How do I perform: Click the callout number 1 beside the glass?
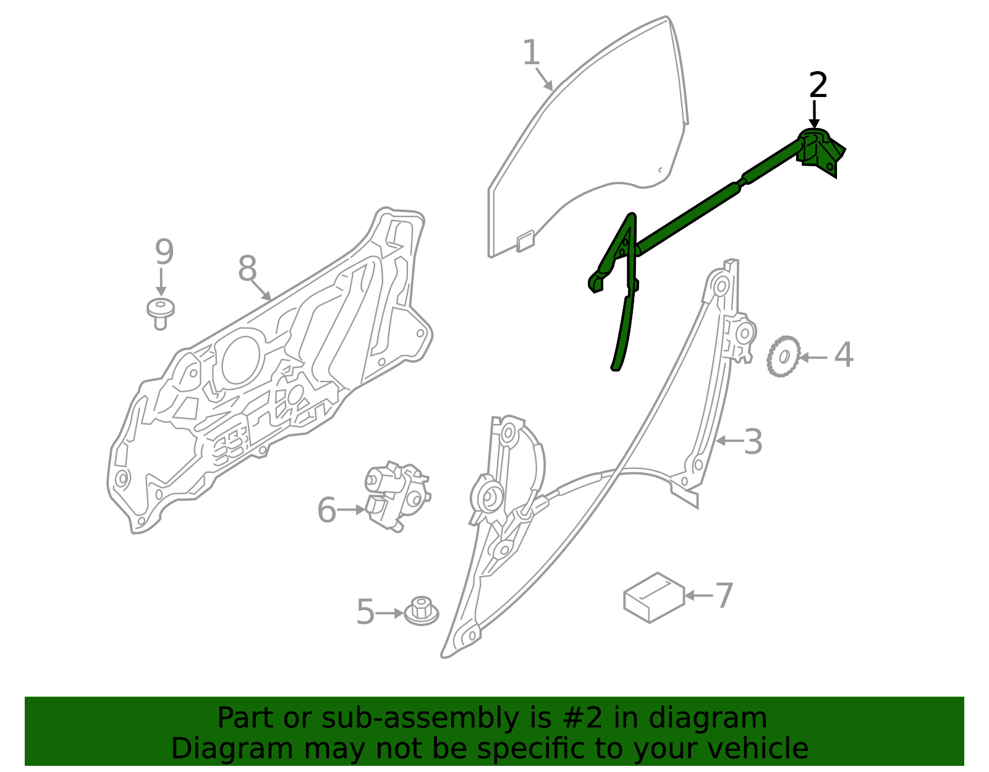click(x=531, y=53)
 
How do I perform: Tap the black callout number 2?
click(x=818, y=85)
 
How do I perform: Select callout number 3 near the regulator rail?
click(x=753, y=441)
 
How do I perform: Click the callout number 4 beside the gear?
click(x=844, y=354)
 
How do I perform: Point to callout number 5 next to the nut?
click(x=365, y=612)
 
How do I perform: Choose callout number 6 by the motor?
click(x=326, y=509)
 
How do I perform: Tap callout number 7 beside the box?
click(x=725, y=595)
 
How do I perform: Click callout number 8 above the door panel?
click(x=248, y=268)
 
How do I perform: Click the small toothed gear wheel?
click(x=783, y=356)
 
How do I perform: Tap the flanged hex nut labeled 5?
click(x=422, y=611)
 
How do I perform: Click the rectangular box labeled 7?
click(x=654, y=597)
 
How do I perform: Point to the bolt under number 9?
click(x=160, y=313)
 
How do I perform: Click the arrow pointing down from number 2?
click(x=814, y=114)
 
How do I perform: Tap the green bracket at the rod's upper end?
click(x=821, y=152)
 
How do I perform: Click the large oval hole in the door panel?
click(x=241, y=360)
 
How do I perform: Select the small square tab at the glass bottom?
click(x=525, y=241)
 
